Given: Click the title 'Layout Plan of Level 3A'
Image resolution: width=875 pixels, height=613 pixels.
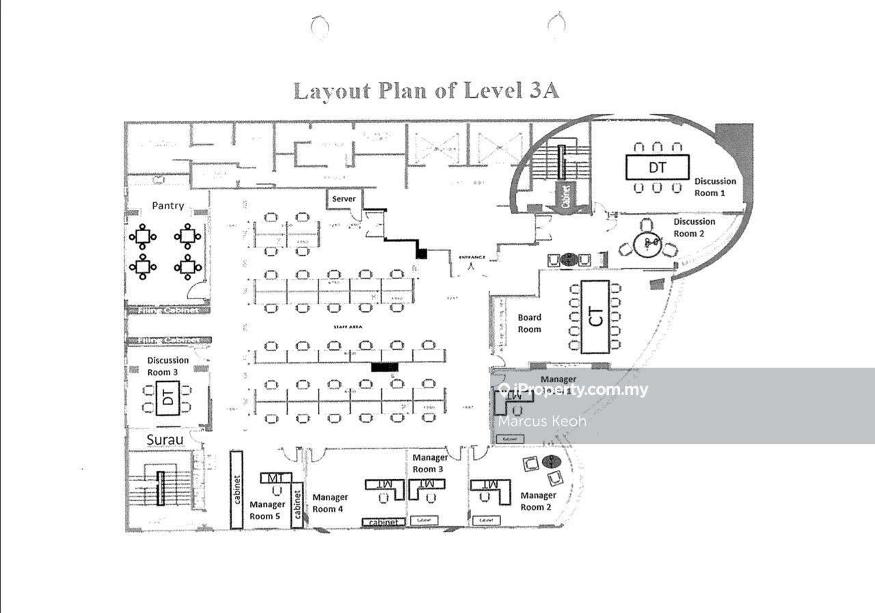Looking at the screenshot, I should click(x=426, y=91).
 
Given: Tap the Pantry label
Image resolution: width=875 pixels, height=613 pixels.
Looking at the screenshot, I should click(x=167, y=205).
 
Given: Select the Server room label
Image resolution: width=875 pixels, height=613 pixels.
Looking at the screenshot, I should click(x=344, y=199).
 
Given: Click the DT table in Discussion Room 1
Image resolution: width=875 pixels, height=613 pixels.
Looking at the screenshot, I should click(x=658, y=167).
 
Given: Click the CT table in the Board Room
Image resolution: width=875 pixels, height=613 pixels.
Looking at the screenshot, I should click(x=595, y=317).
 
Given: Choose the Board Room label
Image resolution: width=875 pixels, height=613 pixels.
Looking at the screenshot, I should click(x=529, y=323).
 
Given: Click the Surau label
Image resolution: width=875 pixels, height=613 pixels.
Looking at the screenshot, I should click(x=165, y=439).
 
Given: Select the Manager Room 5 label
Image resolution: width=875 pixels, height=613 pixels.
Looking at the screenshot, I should click(x=267, y=510).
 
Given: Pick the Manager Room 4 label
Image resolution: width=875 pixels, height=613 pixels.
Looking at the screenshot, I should click(x=330, y=503).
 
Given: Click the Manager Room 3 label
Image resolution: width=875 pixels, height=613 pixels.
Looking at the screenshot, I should click(x=430, y=463).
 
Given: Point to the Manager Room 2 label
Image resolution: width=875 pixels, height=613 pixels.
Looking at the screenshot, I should click(x=538, y=501).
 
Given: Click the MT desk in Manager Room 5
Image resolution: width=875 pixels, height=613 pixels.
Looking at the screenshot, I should click(x=275, y=477).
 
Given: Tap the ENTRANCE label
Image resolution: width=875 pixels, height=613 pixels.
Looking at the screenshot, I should click(x=472, y=257).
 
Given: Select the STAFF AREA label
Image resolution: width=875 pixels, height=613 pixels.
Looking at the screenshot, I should click(x=347, y=327).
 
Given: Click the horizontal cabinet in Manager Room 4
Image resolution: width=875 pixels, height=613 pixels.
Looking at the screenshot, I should click(x=383, y=522).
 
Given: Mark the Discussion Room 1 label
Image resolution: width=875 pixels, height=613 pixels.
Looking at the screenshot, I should click(x=715, y=187).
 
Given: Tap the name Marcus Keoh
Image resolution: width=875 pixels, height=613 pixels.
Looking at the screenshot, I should click(x=542, y=421).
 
